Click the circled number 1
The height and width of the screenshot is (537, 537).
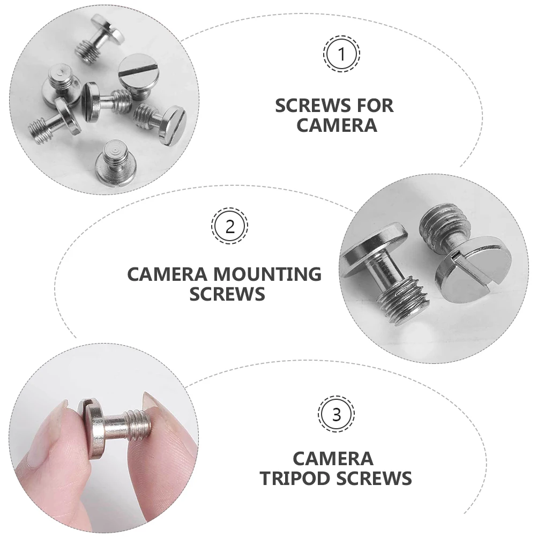(341, 54)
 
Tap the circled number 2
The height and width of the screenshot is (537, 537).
(229, 227)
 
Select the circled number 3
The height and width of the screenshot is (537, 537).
(336, 414)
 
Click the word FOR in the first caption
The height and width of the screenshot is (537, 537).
(370, 106)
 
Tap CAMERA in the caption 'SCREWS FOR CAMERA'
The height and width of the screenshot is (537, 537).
(337, 125)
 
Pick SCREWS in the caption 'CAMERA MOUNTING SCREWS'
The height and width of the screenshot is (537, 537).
(227, 294)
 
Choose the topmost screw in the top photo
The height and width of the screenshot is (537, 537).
(105, 33)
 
